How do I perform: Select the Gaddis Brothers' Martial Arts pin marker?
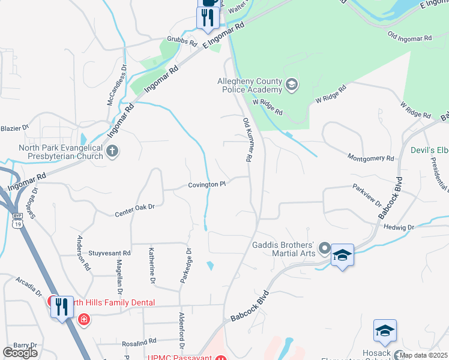(x=324, y=248)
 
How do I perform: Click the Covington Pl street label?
(x=206, y=185)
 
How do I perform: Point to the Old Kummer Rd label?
(x=246, y=140)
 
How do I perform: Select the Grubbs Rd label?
(x=182, y=43)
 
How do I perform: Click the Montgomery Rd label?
(x=371, y=157)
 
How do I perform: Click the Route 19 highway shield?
(x=17, y=222)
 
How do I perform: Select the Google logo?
(x=20, y=353)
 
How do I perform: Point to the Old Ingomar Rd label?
(x=410, y=37)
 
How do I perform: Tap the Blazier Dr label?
(x=14, y=128)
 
